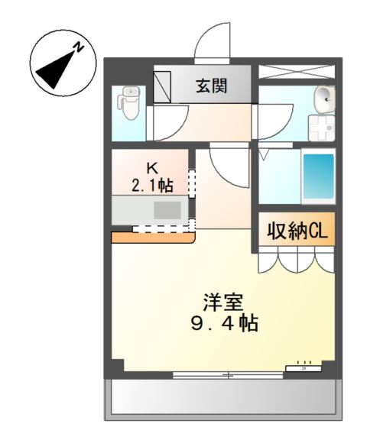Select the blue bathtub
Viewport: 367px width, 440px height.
318,178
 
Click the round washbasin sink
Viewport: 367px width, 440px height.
324,97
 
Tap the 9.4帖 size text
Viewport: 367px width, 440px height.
223,323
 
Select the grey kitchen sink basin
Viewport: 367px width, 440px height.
165,209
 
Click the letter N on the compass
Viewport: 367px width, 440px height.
78,48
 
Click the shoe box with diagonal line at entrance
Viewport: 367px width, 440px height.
164,86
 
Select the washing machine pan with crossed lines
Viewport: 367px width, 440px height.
320,128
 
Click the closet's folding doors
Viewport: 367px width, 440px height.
296,261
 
